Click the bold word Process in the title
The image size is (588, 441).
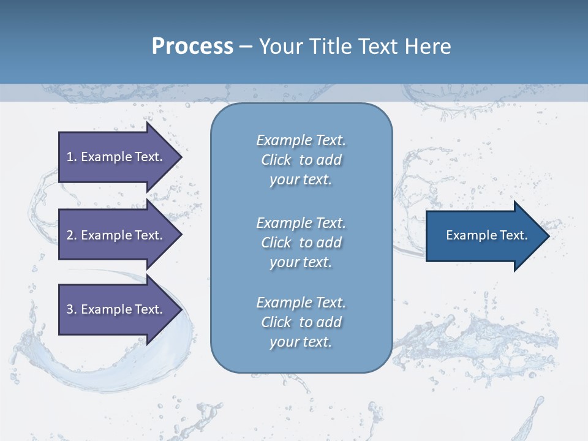point(192,47)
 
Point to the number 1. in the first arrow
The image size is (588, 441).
point(72,157)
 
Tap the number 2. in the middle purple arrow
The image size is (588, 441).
point(72,235)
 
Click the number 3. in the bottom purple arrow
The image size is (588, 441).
point(72,309)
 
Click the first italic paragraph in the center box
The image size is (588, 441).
point(301,160)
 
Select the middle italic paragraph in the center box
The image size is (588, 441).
point(301,243)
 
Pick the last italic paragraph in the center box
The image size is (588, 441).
point(301,322)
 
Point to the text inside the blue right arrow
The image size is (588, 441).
point(486,235)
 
